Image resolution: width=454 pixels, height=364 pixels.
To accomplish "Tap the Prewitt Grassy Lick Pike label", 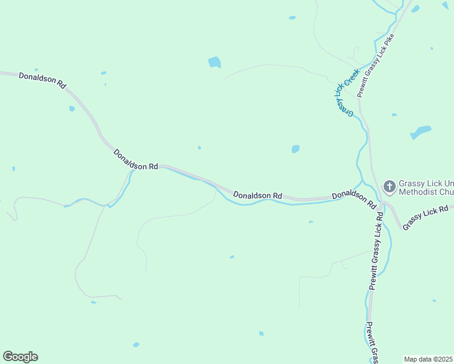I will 376,66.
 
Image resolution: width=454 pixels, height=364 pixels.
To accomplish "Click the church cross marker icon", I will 389,185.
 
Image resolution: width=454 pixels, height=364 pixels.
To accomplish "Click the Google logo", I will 20,357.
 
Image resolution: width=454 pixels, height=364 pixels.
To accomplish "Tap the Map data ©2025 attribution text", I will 428,359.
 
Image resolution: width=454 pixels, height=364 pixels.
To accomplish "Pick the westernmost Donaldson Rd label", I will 42,80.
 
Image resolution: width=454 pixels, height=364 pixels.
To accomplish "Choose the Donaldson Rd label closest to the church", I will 354,200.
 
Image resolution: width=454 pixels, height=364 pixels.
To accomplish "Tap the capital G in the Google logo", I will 8,357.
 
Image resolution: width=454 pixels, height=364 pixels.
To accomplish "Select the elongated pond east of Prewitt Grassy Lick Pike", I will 421,132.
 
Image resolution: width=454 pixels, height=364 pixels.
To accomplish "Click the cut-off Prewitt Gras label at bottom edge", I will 371,343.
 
